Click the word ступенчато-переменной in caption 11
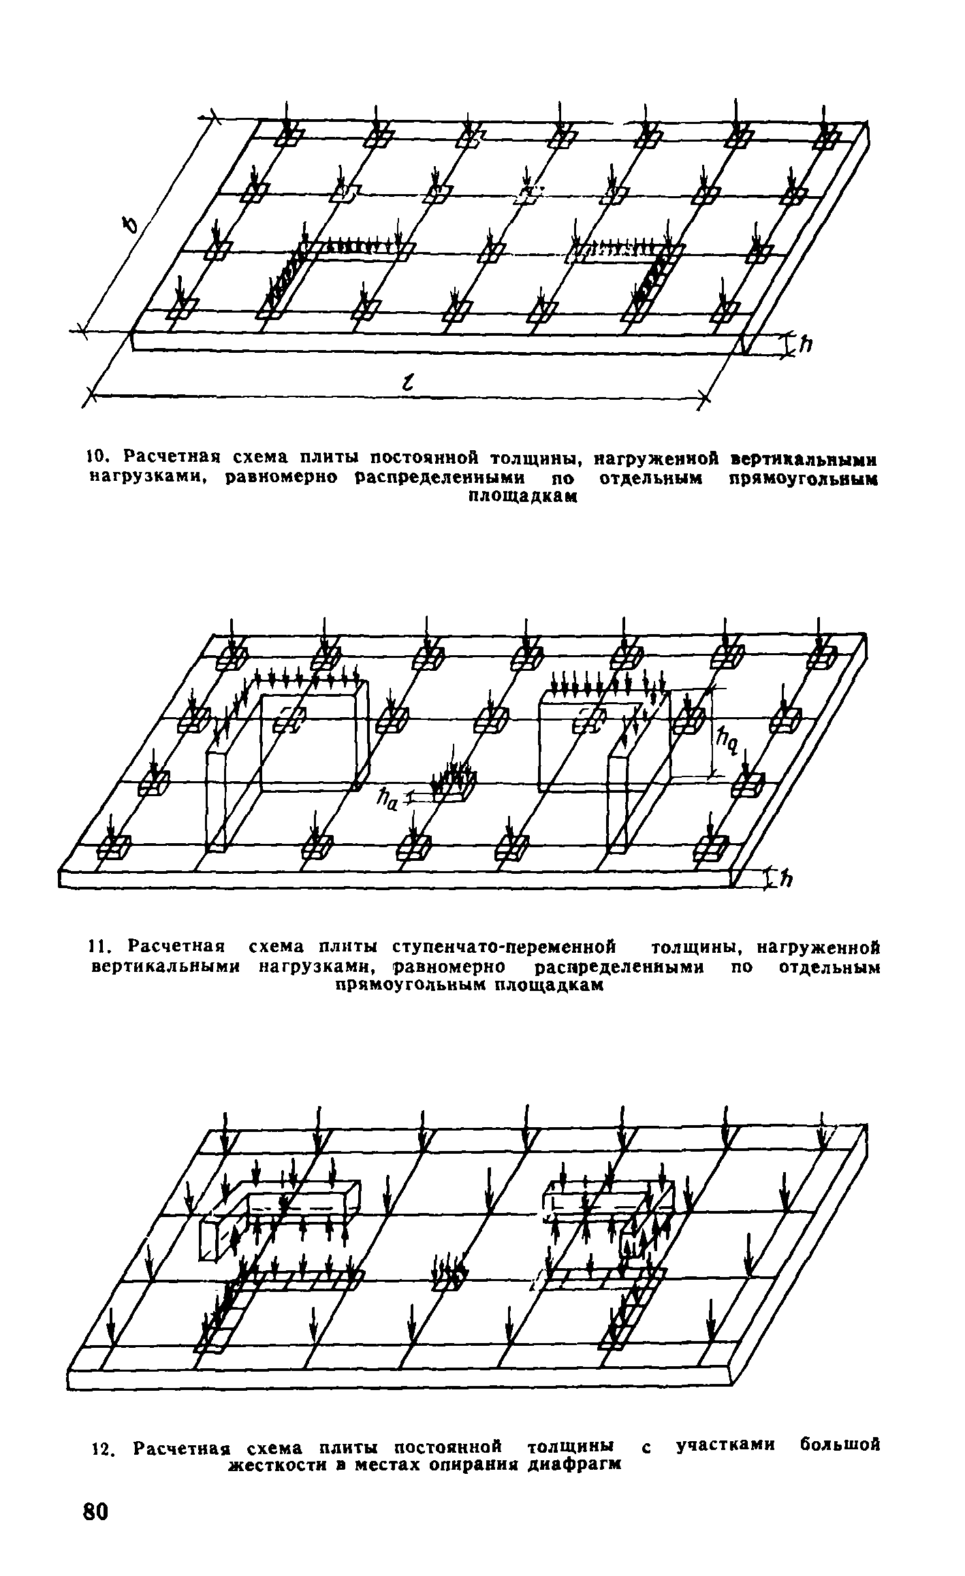[504, 947]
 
